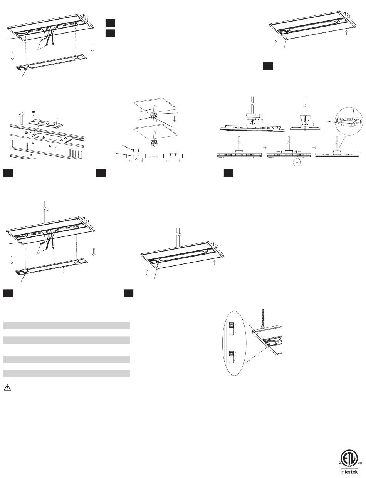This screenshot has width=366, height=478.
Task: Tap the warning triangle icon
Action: click(7, 387)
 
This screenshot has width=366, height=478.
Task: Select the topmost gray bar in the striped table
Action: click(66, 325)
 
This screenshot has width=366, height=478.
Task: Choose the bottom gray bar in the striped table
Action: click(66, 373)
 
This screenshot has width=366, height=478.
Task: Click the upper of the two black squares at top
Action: click(110, 23)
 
